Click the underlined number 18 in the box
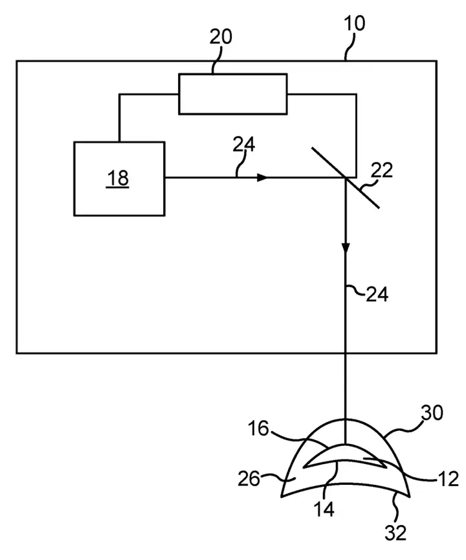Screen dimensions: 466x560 118,178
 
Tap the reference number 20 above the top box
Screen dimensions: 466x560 220,37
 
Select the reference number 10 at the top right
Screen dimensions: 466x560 355,23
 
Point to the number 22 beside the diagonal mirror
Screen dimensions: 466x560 382,170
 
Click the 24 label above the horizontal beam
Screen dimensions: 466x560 244,145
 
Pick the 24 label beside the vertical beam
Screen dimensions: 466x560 377,295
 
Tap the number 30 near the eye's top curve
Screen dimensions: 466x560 432,413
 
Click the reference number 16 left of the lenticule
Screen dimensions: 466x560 258,428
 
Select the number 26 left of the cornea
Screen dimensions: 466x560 249,478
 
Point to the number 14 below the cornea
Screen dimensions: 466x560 324,509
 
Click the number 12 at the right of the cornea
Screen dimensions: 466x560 448,479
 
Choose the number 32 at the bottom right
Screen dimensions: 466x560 395,533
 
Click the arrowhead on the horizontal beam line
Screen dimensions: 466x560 262,178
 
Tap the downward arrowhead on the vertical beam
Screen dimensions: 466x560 346,248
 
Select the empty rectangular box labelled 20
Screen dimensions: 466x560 233,94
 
